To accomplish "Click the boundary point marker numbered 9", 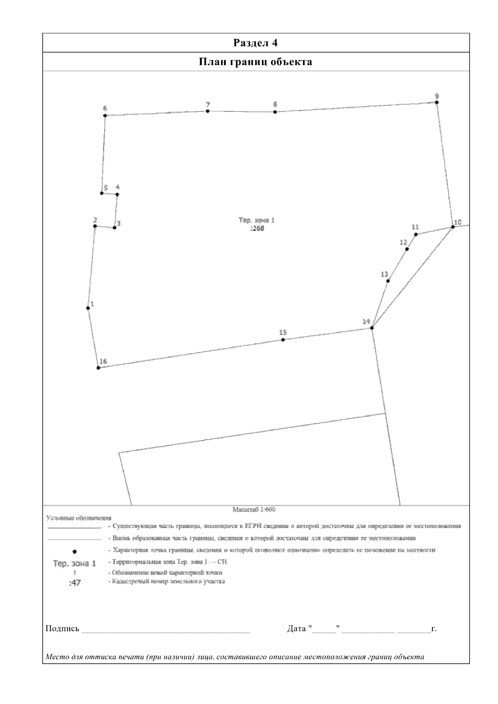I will click(x=437, y=102).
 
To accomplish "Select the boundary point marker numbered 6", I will click(x=105, y=115).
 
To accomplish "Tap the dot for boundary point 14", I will click(x=372, y=328).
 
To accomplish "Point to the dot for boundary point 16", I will click(x=98, y=368).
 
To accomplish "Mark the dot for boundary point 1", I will click(x=88, y=308).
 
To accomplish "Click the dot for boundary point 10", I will click(x=453, y=227).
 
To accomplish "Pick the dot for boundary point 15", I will click(x=283, y=340).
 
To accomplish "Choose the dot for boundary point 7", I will click(x=207, y=111).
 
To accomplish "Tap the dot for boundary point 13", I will click(x=388, y=281).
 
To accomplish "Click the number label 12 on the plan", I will click(x=403, y=242).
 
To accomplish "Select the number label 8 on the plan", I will click(x=275, y=105).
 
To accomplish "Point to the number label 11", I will click(x=415, y=227).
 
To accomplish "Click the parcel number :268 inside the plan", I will click(x=257, y=228).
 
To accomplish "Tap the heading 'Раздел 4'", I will click(x=255, y=43).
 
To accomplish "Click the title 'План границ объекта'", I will click(x=255, y=62).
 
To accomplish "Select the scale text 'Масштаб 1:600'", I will click(x=254, y=509).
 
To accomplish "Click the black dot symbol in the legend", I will click(x=74, y=551).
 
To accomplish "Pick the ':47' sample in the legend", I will click(x=75, y=583).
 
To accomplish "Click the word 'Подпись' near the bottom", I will click(x=62, y=629).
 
